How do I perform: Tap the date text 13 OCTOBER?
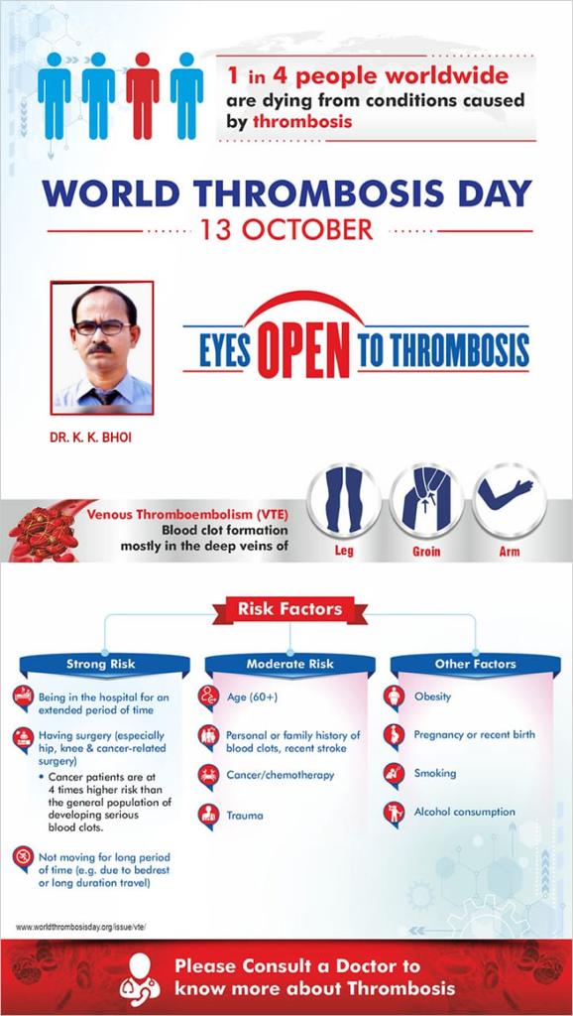(x=286, y=230)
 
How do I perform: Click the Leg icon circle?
(x=344, y=501)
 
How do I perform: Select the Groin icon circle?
(x=426, y=501)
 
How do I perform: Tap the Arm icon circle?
(x=509, y=501)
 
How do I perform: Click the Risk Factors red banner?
(x=289, y=610)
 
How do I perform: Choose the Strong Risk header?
(x=101, y=664)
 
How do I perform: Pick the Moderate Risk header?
(x=290, y=664)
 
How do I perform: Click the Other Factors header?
(x=475, y=664)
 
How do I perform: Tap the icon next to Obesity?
(x=394, y=698)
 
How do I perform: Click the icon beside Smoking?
(x=394, y=774)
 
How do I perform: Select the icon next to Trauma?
(x=208, y=816)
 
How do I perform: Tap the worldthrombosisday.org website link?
(x=81, y=928)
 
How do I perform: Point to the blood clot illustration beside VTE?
(x=47, y=531)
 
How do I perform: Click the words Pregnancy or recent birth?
(x=475, y=735)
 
